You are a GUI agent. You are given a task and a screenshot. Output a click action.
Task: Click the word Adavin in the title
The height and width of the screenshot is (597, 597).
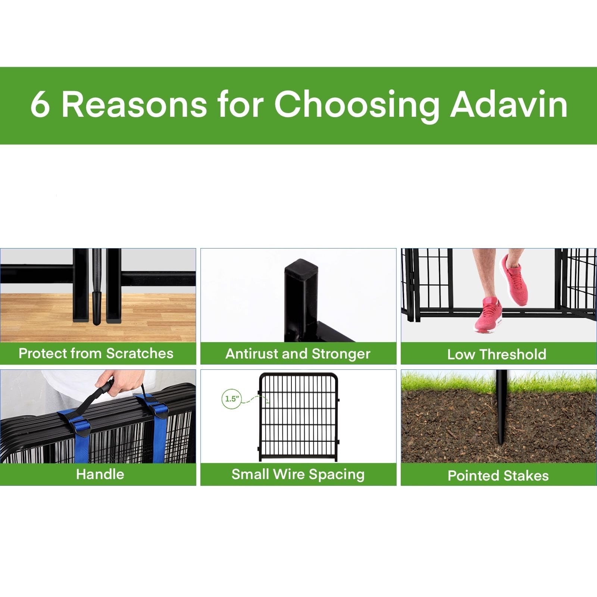(509, 104)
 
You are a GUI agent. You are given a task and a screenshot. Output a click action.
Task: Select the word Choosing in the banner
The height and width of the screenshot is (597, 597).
(357, 106)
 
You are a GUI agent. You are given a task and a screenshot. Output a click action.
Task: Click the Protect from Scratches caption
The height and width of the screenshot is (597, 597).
(96, 353)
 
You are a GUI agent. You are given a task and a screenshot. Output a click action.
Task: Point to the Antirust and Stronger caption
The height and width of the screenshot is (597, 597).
(298, 354)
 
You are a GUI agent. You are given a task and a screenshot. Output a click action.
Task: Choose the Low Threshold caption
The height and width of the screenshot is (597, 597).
(497, 354)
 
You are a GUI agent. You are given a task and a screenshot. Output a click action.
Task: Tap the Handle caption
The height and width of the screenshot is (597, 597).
(100, 474)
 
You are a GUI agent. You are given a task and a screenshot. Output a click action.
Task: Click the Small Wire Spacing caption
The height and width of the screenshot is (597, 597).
(298, 475)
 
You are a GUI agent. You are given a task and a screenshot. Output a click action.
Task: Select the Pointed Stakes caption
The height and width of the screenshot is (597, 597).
(498, 476)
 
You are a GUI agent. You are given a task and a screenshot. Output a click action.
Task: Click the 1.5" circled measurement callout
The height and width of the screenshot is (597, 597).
(231, 399)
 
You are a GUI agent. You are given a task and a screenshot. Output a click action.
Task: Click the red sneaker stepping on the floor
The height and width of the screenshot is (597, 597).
(488, 315)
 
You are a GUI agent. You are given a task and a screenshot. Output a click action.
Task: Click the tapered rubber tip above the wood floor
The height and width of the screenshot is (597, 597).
(97, 309)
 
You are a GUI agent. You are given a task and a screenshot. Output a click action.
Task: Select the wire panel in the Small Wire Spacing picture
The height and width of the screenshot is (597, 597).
(298, 417)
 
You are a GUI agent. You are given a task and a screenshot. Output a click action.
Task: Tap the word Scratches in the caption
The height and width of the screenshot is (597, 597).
(140, 353)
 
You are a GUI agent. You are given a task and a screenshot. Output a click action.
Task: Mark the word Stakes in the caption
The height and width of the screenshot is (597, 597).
(526, 476)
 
